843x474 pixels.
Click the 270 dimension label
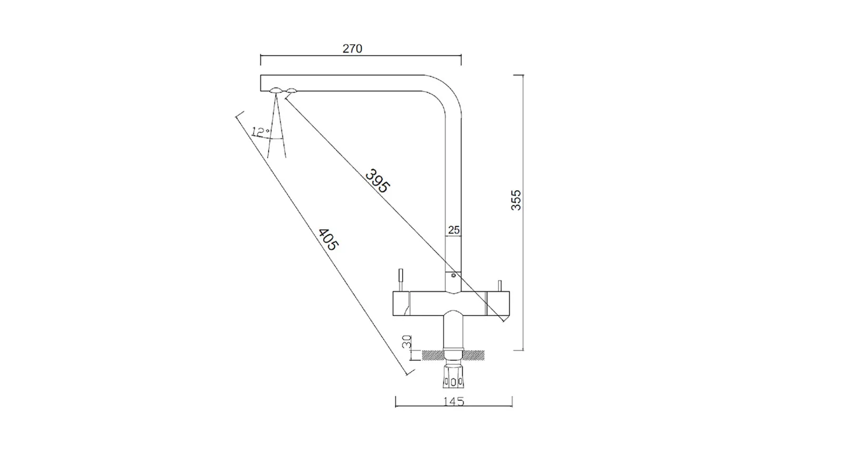pyautogui.click(x=352, y=48)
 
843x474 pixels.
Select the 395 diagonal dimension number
pyautogui.click(x=377, y=181)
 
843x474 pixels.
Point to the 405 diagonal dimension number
pyautogui.click(x=328, y=239)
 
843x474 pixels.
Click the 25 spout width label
pyautogui.click(x=454, y=230)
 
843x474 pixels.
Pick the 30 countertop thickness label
pyautogui.click(x=407, y=342)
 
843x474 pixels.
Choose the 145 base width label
pyautogui.click(x=454, y=401)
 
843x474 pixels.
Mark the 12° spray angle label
pyautogui.click(x=260, y=132)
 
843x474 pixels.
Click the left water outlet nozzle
pyautogui.click(x=276, y=90)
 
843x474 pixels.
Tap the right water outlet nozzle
pyautogui.click(x=291, y=90)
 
